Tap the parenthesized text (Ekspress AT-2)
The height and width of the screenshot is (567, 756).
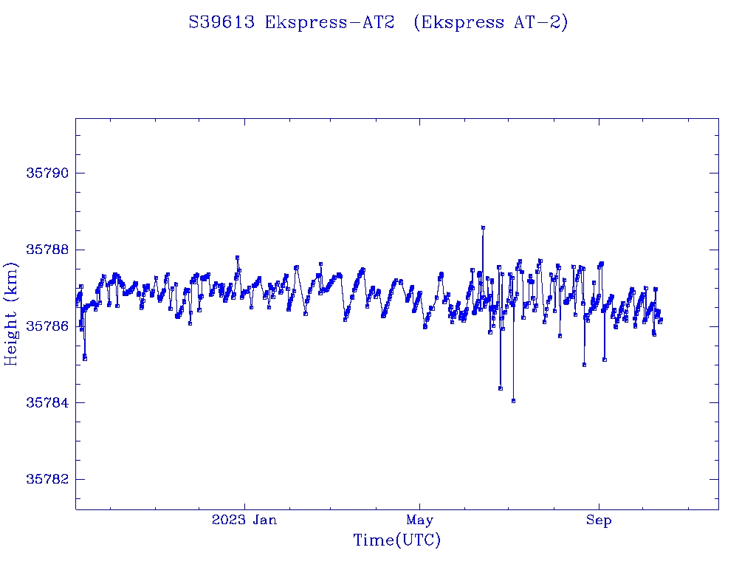point(490,23)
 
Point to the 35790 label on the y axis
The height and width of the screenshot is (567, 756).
point(47,173)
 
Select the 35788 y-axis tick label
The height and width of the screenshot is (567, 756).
point(47,250)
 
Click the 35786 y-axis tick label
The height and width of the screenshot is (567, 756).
point(47,326)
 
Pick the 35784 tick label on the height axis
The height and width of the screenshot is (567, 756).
point(47,402)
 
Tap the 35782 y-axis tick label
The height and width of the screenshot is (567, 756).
point(47,479)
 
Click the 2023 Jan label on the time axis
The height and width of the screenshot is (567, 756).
point(244,520)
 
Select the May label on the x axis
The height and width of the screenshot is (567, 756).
point(419,520)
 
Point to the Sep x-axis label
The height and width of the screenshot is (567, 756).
point(599,520)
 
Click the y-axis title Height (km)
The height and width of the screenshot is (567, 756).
point(11,314)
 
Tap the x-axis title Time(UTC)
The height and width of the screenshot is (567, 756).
point(396,540)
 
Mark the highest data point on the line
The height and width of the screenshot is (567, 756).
point(483,228)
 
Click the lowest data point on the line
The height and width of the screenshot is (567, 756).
point(513,401)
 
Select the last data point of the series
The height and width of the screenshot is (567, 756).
point(661,320)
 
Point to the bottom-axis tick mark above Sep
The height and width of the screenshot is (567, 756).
point(599,505)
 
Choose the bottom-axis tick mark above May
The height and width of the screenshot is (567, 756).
point(419,505)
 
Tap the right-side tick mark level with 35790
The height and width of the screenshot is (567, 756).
point(714,173)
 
